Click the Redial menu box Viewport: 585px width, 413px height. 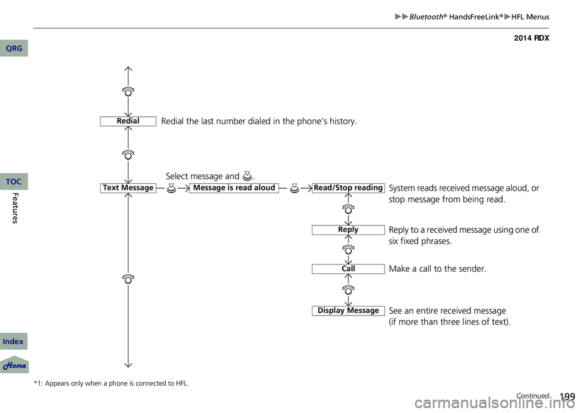[128, 121]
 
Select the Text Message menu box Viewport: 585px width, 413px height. [128, 188]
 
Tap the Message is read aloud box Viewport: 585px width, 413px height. [234, 188]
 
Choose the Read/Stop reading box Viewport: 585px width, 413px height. [348, 188]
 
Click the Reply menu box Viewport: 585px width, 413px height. [348, 230]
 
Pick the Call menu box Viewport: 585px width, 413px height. [348, 269]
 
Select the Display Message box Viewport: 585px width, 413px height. [348, 311]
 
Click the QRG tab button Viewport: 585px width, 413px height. [13, 48]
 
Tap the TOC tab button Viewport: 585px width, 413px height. [13, 182]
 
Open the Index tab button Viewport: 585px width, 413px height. [13, 342]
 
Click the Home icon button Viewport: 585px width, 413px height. [14, 365]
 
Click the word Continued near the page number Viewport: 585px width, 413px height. [532, 396]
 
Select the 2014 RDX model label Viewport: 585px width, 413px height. [531, 38]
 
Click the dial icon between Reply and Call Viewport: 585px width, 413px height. [348, 249]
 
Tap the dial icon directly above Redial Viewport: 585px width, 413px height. [128, 92]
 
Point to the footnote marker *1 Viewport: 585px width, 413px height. [38, 383]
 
